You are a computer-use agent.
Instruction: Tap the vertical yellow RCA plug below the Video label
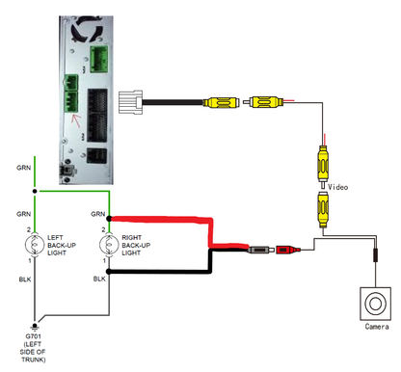point(323,206)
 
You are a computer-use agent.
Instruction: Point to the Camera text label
point(377,328)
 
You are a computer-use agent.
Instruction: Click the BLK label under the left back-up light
point(26,279)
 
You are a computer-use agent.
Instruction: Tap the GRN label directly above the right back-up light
point(98,213)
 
